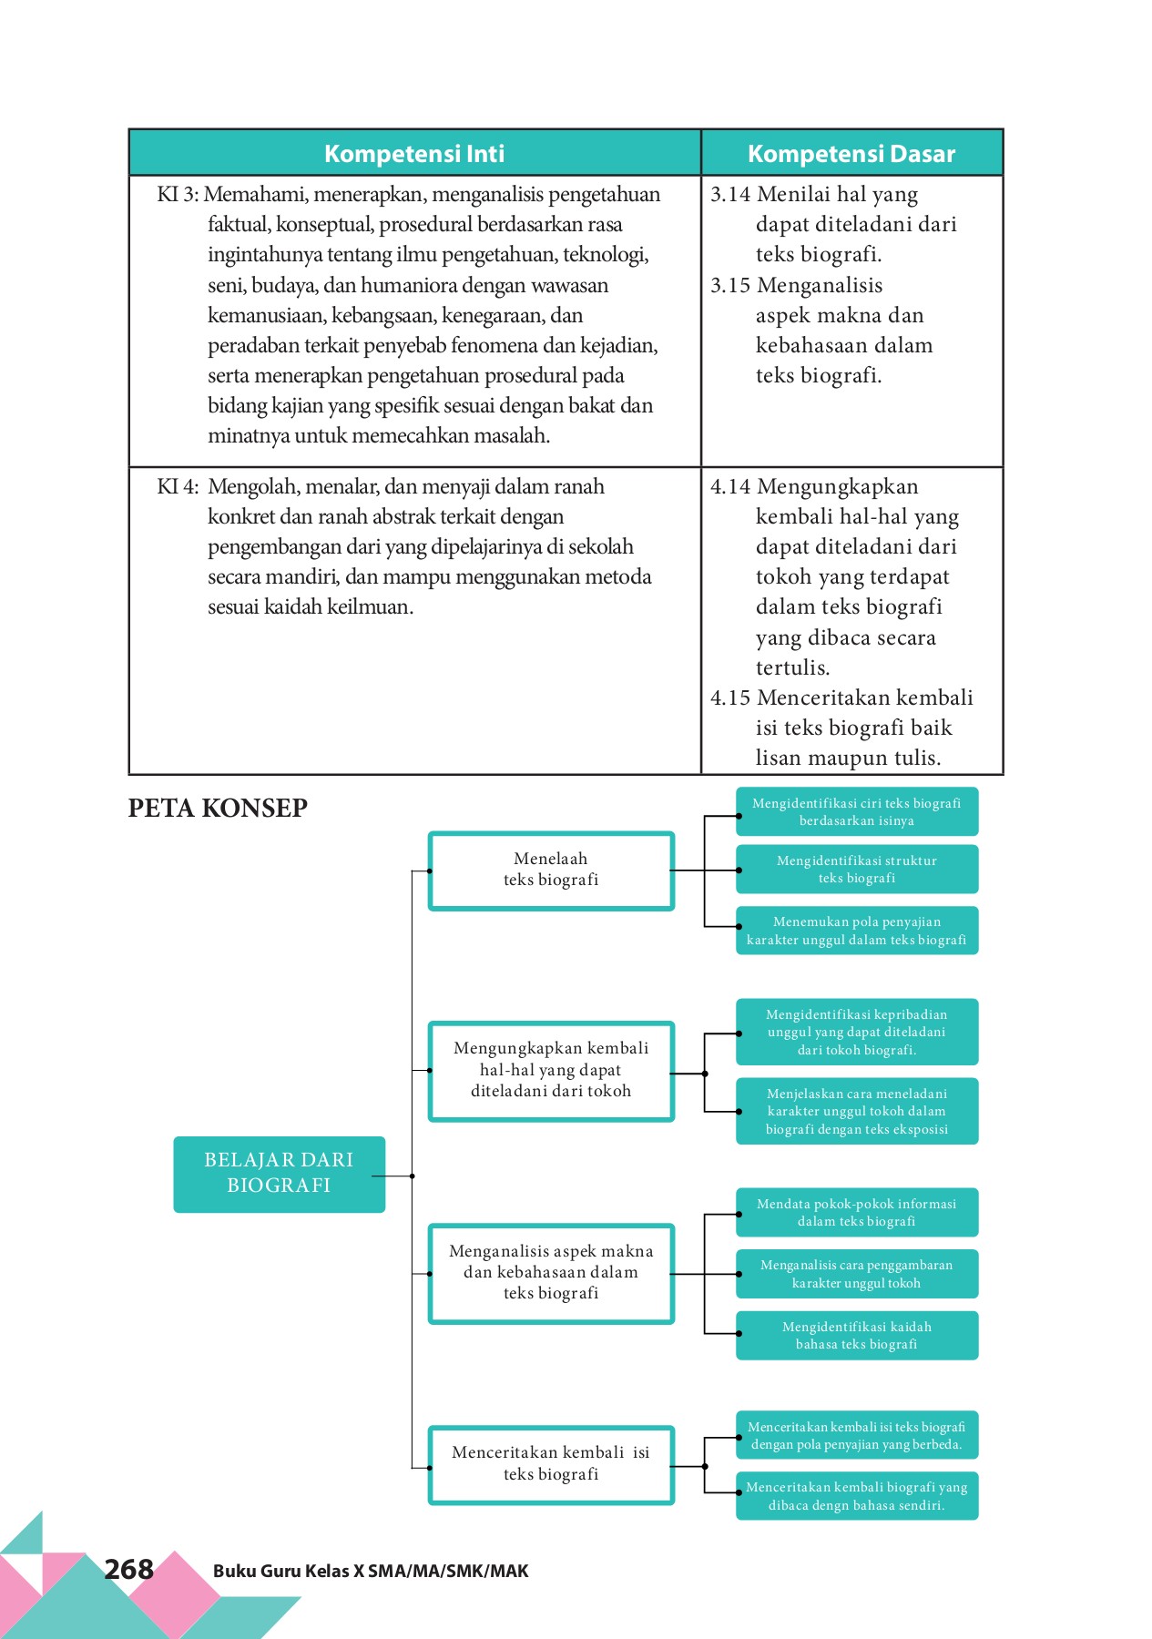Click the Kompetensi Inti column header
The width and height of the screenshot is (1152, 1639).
pyautogui.click(x=414, y=153)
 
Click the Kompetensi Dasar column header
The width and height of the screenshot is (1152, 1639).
pyautogui.click(x=851, y=153)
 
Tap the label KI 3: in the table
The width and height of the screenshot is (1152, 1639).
pyautogui.click(x=178, y=194)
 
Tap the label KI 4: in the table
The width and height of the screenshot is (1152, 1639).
pyautogui.click(x=178, y=486)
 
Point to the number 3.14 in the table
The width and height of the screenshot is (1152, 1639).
pyautogui.click(x=730, y=194)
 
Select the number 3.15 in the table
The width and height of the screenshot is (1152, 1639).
pyautogui.click(x=730, y=285)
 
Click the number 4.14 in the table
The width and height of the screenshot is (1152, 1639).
pyautogui.click(x=730, y=486)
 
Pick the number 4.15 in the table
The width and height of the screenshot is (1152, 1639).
pyautogui.click(x=730, y=697)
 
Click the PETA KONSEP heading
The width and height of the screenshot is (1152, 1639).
pyautogui.click(x=218, y=808)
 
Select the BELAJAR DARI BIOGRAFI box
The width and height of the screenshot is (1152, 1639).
pyautogui.click(x=279, y=1173)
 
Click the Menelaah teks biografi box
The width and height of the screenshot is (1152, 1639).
pyautogui.click(x=551, y=870)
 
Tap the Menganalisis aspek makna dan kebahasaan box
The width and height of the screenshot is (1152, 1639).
pyautogui.click(x=551, y=1272)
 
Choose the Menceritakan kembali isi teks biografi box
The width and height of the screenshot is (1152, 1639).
pyautogui.click(x=551, y=1463)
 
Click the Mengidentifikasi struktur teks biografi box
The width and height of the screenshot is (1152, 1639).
pyautogui.click(x=856, y=869)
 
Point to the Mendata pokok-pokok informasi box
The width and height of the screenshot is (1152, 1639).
pyautogui.click(x=856, y=1212)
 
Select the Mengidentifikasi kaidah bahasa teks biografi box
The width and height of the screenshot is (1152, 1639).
pyautogui.click(x=856, y=1335)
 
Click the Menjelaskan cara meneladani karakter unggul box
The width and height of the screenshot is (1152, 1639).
pyautogui.click(x=856, y=1111)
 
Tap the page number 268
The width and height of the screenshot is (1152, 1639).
pyautogui.click(x=128, y=1569)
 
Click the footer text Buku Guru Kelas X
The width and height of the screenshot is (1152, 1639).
pyautogui.click(x=371, y=1571)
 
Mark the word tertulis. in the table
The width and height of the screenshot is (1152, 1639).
pyautogui.click(x=792, y=667)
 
